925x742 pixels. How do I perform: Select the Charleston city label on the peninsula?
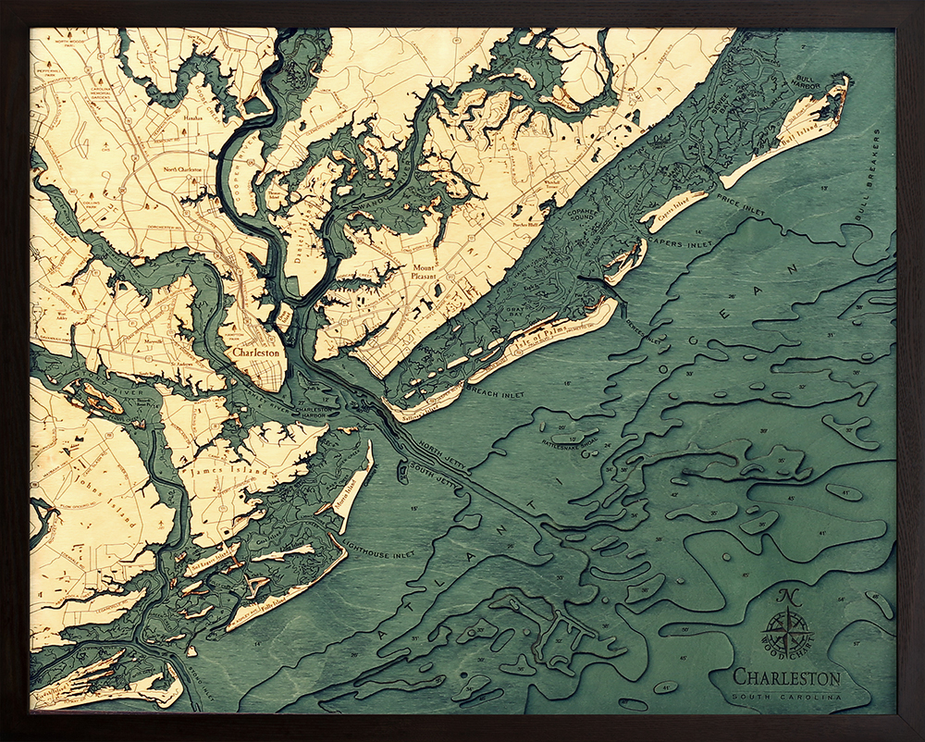click(256, 352)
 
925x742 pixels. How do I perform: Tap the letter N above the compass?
click(789, 597)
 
